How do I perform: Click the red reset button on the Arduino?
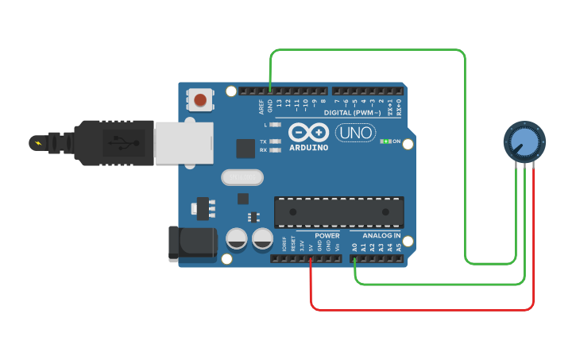click(x=200, y=100)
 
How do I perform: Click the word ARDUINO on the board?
click(x=308, y=148)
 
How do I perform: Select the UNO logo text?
click(x=355, y=133)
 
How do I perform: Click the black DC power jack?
click(x=193, y=243)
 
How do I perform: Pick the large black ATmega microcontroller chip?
click(x=338, y=211)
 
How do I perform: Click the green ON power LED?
click(x=385, y=141)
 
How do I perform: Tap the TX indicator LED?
click(x=275, y=141)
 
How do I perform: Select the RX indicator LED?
click(x=275, y=149)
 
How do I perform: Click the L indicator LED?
click(x=275, y=125)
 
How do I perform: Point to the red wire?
click(x=421, y=308)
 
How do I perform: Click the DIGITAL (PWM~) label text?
click(x=352, y=113)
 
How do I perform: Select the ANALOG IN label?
click(x=381, y=236)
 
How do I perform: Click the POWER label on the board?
click(x=327, y=236)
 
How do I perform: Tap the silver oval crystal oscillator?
click(x=242, y=177)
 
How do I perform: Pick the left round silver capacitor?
click(x=237, y=238)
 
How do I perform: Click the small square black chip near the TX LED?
click(x=245, y=148)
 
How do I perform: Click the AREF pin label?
click(x=261, y=106)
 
